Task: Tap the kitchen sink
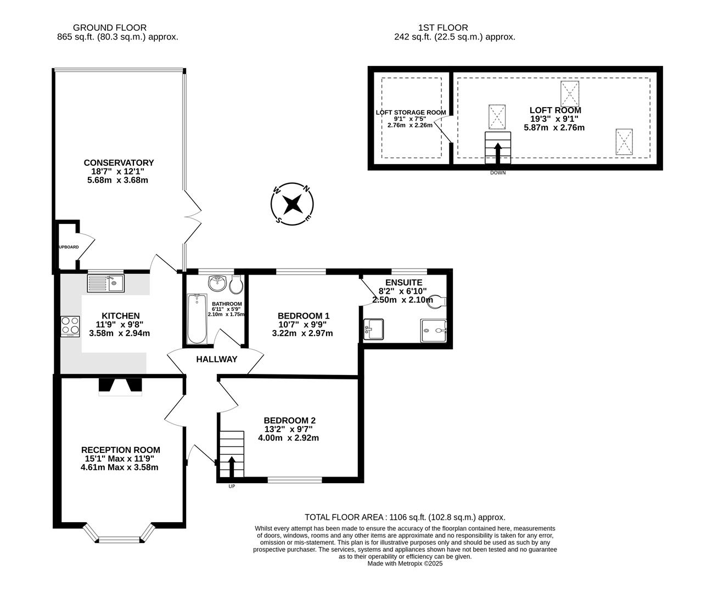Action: [x=106, y=283]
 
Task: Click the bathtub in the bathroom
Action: [x=197, y=319]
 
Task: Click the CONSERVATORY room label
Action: [x=119, y=163]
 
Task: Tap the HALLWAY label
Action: [x=217, y=359]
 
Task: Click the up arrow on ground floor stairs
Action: [x=231, y=466]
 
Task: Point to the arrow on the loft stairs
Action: [x=498, y=153]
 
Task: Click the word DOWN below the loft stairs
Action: [x=498, y=172]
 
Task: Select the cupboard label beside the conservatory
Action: [x=68, y=247]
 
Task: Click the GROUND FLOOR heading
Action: [x=110, y=27]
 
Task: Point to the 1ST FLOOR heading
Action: [x=443, y=27]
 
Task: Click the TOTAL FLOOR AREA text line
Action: [x=405, y=517]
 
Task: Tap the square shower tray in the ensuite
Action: [x=434, y=331]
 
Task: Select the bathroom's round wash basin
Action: [x=217, y=283]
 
